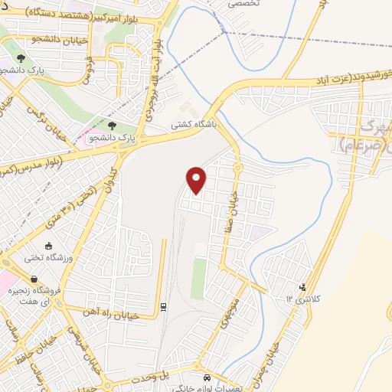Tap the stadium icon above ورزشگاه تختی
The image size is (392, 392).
tap(49, 246)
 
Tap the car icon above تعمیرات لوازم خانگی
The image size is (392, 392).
tap(207, 378)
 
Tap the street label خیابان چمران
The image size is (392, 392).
tap(286, 354)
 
